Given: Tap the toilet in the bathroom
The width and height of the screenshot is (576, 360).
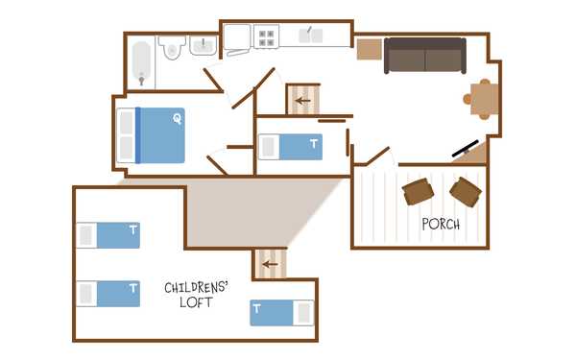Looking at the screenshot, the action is coord(172,47).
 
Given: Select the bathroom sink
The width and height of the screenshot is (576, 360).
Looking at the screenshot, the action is coord(203,45).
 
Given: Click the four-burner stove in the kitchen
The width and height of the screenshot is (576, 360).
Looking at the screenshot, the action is coord(266,36).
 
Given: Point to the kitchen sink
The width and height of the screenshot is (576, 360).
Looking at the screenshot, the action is coord(310,36).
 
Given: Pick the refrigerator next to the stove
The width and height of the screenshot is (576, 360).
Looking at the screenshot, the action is coord(237,37).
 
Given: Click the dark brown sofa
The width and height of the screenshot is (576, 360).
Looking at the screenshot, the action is coord(425,56).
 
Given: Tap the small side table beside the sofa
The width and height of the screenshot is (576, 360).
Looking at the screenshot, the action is coord(370,49).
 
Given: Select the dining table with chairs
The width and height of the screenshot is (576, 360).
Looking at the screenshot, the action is coord(482,99).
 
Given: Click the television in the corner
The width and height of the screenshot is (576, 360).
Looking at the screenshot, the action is coord(466,148).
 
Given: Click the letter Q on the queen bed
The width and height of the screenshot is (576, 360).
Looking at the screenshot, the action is coord(178,119).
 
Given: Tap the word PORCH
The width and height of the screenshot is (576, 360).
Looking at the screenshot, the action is coord(441,224).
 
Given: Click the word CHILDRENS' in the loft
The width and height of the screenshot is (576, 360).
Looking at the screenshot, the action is coord(196,287).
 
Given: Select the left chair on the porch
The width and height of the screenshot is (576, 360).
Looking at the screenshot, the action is coord(418,191).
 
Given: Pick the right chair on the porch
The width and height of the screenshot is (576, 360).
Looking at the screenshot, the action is coord(466,192).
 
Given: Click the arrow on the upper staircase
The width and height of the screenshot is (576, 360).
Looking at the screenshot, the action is coord(303,101).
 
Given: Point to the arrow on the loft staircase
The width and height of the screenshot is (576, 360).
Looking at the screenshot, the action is coord(270,264).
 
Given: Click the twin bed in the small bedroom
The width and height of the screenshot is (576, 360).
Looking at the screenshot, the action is coord(291,147).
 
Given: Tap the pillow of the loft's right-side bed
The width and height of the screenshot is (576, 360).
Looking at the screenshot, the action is coord(303,313).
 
